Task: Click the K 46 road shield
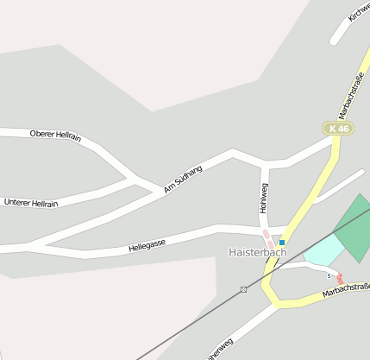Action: pos(340,129)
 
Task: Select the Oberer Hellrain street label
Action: pos(55,134)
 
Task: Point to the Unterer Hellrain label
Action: pos(31,203)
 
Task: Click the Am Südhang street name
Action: pos(183,179)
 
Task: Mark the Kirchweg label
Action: pos(358,10)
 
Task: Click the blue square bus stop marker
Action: pos(282,243)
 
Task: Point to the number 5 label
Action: pos(329,275)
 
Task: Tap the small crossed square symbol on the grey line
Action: pos(244,289)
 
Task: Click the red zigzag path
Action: pos(341,280)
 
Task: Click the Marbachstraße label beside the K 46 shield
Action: pos(352,96)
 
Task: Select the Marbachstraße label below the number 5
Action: pos(347,290)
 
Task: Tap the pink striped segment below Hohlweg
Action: pos(268,240)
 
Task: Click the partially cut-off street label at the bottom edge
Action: pos(220,350)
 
